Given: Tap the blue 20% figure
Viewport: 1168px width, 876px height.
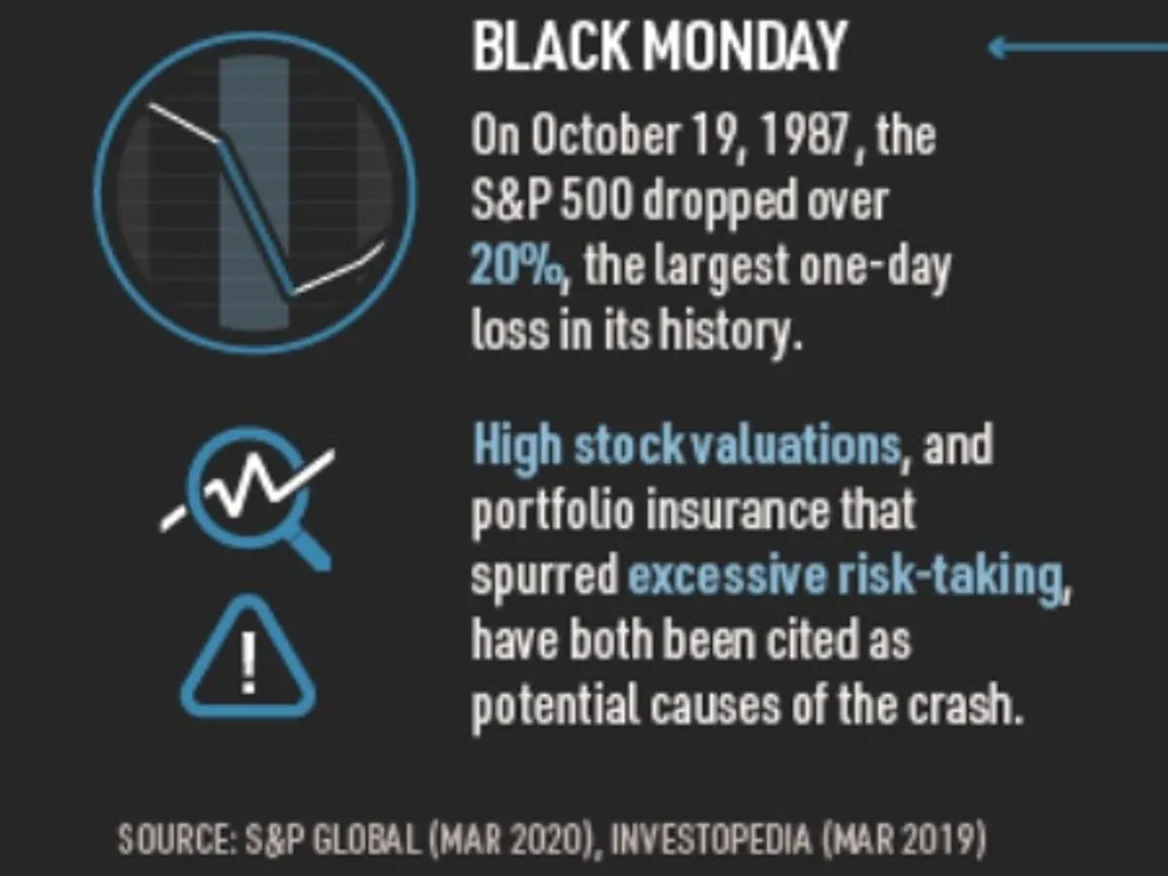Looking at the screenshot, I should (x=516, y=265).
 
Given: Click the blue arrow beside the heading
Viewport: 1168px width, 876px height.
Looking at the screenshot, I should (x=1076, y=46).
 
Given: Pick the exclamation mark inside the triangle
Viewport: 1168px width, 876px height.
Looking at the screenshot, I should (x=247, y=662).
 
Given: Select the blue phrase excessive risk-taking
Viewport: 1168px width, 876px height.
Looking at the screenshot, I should (x=843, y=577).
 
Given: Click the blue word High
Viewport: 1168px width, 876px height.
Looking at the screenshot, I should (x=516, y=446).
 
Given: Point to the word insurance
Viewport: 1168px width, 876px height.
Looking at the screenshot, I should (x=725, y=512).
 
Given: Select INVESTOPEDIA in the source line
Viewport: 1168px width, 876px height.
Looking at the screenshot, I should (x=696, y=839).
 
